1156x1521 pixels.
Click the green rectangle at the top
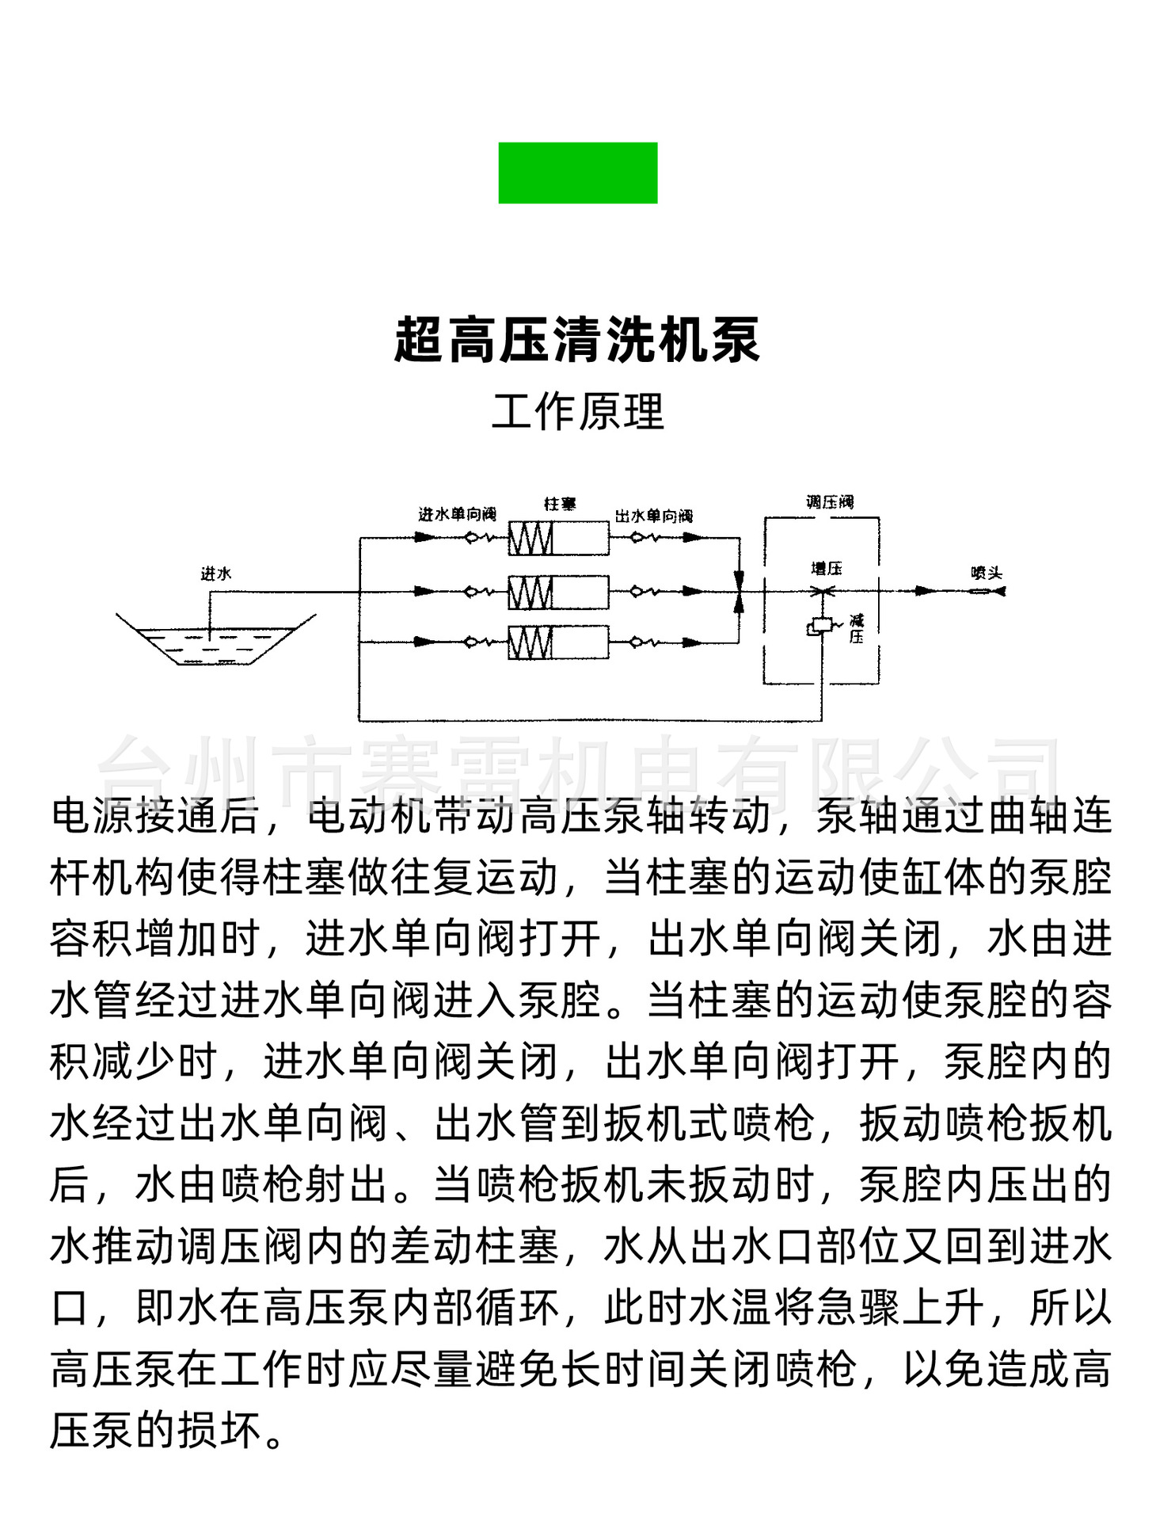[577, 173]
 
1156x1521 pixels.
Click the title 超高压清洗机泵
[577, 341]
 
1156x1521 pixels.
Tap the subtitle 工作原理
[577, 412]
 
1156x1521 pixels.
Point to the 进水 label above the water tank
[215, 573]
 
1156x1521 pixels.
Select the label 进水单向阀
[457, 515]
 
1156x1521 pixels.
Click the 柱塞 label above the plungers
[560, 504]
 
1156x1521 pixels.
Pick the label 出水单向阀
[653, 517]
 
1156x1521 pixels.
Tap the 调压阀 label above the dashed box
[830, 502]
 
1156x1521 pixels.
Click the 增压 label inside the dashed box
[826, 568]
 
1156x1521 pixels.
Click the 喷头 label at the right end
[987, 573]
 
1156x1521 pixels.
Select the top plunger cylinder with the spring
[558, 539]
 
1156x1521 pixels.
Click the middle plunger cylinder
[558, 592]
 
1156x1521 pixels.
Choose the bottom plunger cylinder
[558, 642]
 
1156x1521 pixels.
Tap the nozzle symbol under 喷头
[988, 591]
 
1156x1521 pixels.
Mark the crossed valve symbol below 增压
[823, 591]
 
